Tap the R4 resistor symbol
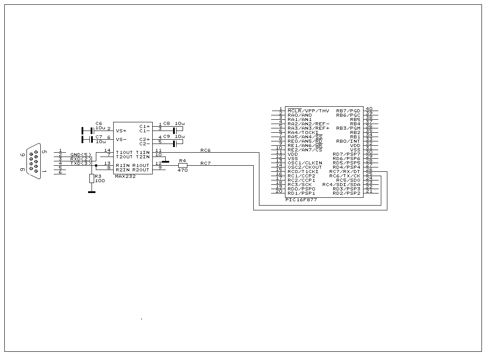tap(183, 165)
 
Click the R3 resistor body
tap(92, 178)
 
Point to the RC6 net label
tap(205, 150)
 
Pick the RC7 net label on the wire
tap(205, 163)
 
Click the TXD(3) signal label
tap(81, 163)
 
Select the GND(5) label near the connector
tap(81, 154)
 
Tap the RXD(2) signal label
tap(81, 159)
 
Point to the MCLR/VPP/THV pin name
tap(308, 111)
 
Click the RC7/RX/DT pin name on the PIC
tap(345, 171)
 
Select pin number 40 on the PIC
tap(369, 108)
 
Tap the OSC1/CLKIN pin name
tap(305, 163)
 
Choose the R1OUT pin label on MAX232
tap(141, 165)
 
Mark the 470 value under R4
tap(183, 170)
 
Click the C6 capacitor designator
tap(98, 124)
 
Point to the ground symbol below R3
tap(92, 191)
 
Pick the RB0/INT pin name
tap(348, 141)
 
